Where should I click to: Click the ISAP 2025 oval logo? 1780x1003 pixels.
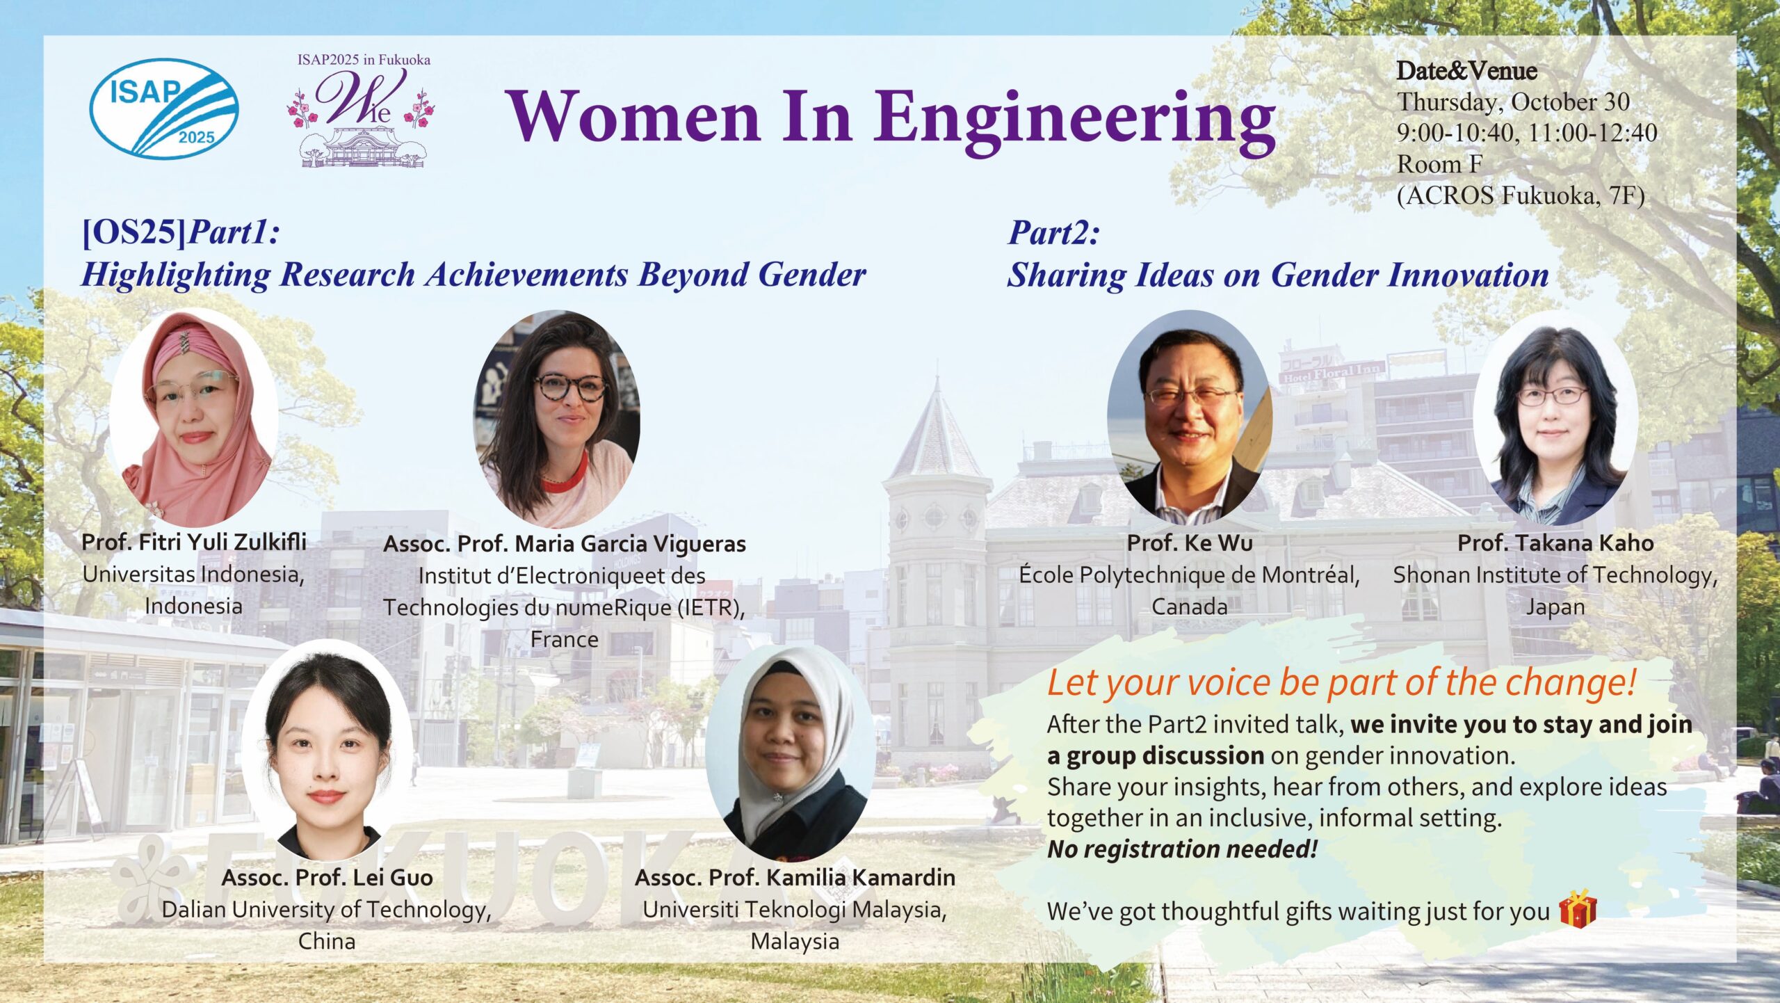(x=164, y=109)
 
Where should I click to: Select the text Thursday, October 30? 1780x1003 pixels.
(x=1514, y=102)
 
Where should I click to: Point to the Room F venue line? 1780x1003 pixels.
(x=1439, y=165)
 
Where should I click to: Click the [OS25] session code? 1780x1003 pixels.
(x=134, y=233)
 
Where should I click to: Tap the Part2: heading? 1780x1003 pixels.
(x=1053, y=233)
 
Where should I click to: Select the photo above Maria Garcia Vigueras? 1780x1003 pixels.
(x=557, y=418)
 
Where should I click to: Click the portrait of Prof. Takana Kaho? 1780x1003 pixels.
(x=1555, y=425)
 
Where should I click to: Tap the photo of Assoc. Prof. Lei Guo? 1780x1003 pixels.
(x=327, y=751)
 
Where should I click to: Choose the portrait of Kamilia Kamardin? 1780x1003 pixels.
(x=790, y=754)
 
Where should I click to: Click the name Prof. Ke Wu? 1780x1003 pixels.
(x=1190, y=543)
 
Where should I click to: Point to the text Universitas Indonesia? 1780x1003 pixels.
(x=193, y=575)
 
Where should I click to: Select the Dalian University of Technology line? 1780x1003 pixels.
(x=327, y=910)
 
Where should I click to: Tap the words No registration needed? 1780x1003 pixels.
(x=1182, y=849)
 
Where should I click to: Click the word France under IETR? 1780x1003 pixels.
(x=564, y=639)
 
